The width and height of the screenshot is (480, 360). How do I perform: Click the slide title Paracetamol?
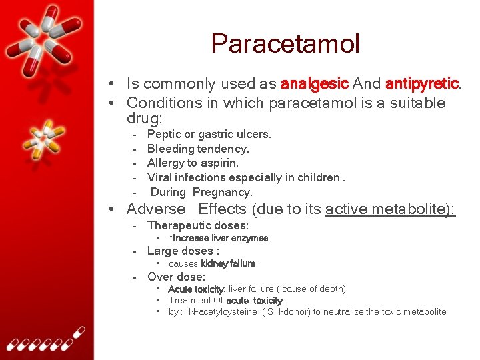pyautogui.click(x=285, y=44)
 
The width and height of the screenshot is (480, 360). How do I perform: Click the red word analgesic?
pyautogui.click(x=315, y=84)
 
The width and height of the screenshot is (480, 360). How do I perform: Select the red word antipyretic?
pyautogui.click(x=422, y=84)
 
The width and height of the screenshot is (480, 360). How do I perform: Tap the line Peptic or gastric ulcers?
pyautogui.click(x=209, y=134)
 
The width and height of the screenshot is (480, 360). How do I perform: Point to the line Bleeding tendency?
pyautogui.click(x=198, y=149)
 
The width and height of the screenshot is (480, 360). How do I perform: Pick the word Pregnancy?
pyautogui.click(x=222, y=192)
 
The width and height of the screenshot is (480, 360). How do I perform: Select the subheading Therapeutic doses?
pyautogui.click(x=197, y=225)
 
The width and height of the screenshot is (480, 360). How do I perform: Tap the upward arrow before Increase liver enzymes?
pyautogui.click(x=171, y=238)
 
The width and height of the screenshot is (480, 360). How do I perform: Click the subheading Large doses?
pyautogui.click(x=183, y=251)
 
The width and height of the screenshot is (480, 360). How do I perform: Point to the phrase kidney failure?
pyautogui.click(x=229, y=263)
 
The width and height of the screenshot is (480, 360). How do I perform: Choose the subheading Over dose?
pyautogui.click(x=176, y=277)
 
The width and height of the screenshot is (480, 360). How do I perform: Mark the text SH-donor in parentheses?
pyautogui.click(x=289, y=311)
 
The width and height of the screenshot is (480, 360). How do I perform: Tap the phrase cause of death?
pyautogui.click(x=313, y=289)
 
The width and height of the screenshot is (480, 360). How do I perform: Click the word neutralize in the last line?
pyautogui.click(x=345, y=311)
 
